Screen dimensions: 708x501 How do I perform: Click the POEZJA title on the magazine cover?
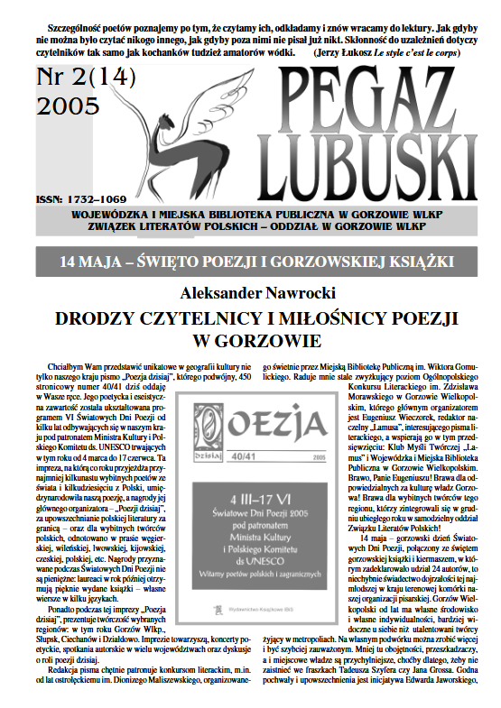pyautogui.click(x=262, y=398)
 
